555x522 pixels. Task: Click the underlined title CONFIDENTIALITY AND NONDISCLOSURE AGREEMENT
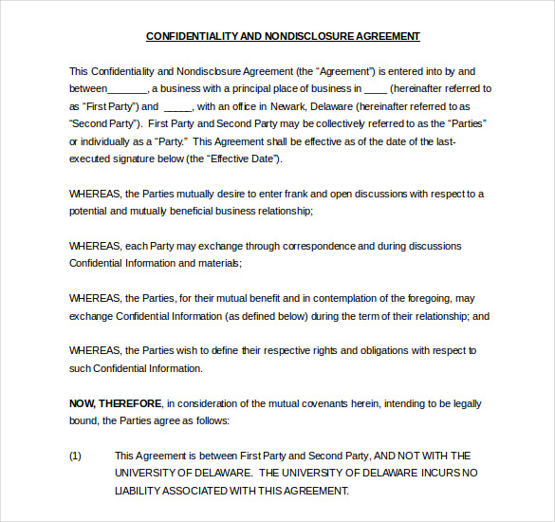(283, 37)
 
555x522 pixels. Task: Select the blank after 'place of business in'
(376, 89)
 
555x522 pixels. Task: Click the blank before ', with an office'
(178, 106)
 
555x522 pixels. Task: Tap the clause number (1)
(76, 456)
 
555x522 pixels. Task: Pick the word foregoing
(434, 298)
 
